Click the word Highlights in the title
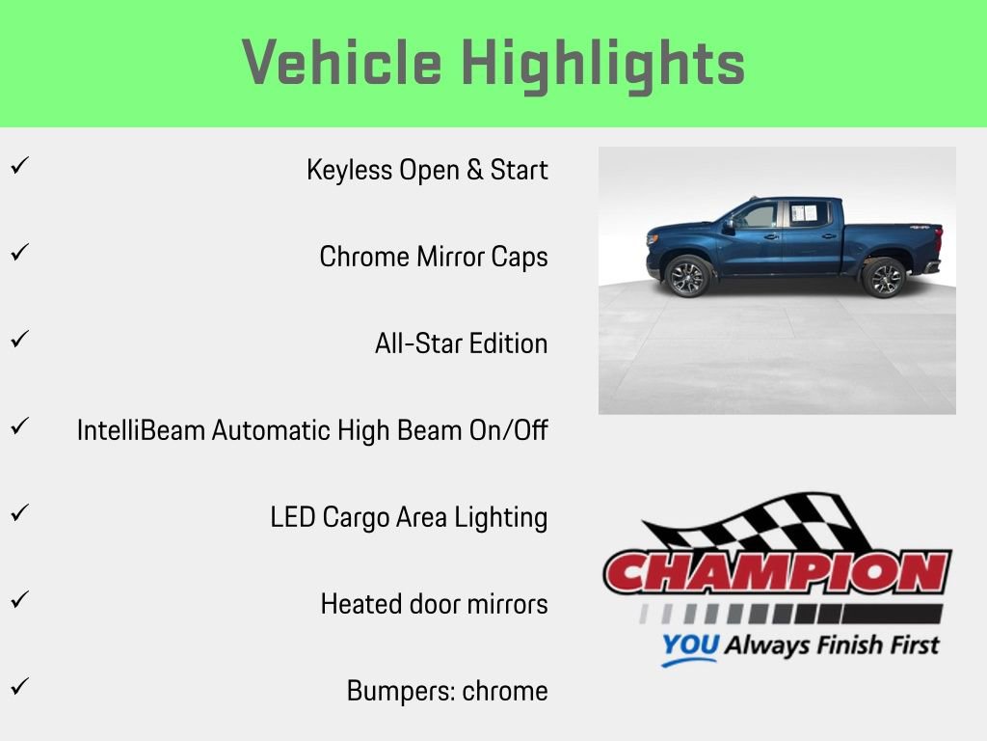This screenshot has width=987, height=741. [x=603, y=64]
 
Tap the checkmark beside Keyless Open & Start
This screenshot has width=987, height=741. [x=18, y=166]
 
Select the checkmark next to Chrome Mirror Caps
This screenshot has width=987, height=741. [x=18, y=253]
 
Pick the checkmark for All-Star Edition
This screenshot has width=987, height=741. [x=18, y=340]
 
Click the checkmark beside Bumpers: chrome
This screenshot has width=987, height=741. [x=18, y=687]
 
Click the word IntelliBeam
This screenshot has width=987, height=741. [x=142, y=430]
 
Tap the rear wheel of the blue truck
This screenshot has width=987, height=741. [x=883, y=278]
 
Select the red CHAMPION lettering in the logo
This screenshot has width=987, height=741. [x=777, y=573]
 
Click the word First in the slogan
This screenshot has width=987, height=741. [x=909, y=645]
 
